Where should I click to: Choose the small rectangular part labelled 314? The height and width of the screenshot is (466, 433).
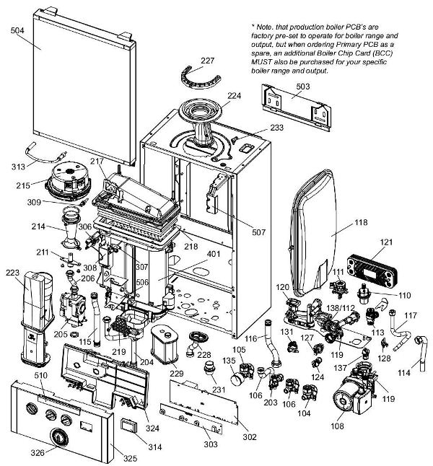click(131, 423)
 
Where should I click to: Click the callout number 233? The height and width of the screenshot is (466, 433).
click(256, 127)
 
